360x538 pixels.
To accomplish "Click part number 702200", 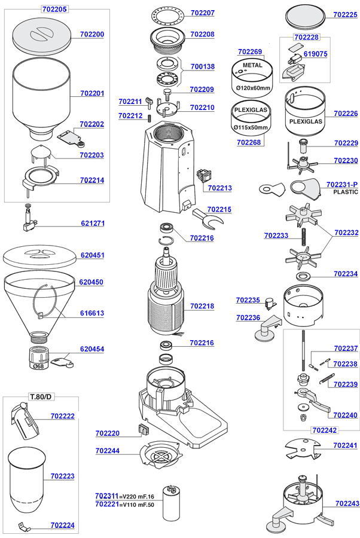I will tap(92, 34).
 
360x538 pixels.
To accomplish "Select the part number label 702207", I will tap(203, 13).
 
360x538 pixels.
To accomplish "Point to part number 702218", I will tap(202, 306).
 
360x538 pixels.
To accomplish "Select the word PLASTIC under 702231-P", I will tap(342, 192).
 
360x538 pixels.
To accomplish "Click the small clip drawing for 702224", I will tap(24, 527).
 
